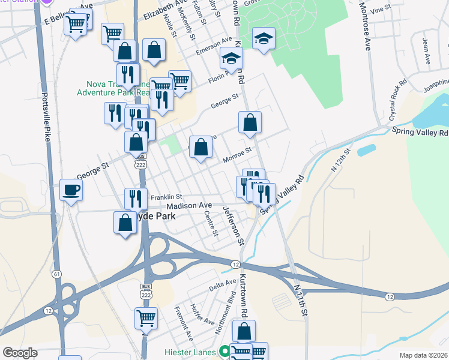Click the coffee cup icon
pos(71,191)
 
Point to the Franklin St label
pos(166,197)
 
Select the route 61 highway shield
pos(57,274)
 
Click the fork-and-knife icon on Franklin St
pos(136,198)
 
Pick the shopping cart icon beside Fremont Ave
pos(146,317)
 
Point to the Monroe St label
pos(236,159)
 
